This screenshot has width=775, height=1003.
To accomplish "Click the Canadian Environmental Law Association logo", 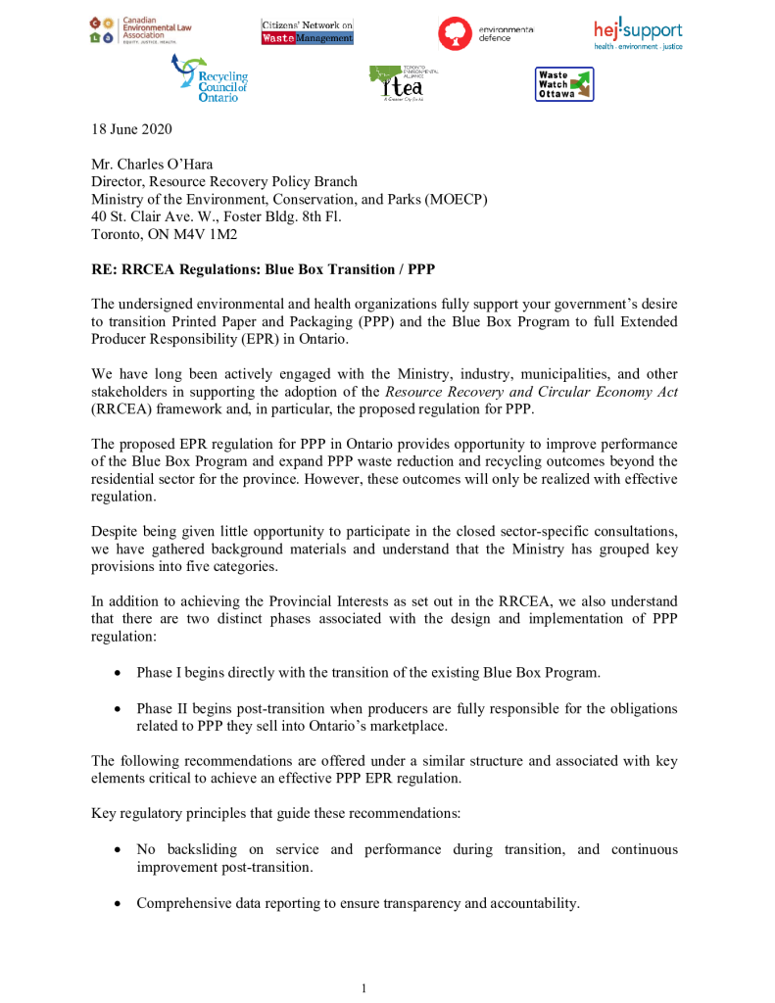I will [x=141, y=31].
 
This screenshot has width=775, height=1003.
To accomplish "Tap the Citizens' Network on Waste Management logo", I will [x=308, y=31].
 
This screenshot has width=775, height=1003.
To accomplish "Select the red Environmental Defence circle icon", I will [x=456, y=32].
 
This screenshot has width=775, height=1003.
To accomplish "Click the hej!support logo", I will [x=638, y=32].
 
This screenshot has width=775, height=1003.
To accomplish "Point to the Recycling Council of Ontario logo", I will [x=210, y=79].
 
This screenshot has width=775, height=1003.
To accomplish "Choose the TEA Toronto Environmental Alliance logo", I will [x=404, y=84].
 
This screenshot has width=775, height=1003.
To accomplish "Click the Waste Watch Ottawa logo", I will [x=564, y=84].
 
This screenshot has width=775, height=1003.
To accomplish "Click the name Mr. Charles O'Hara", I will [x=152, y=165].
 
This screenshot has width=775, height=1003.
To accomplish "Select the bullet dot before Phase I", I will [x=118, y=673].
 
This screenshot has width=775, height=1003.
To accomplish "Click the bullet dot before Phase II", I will [x=118, y=708].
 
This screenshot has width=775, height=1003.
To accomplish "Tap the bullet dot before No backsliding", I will [x=118, y=849].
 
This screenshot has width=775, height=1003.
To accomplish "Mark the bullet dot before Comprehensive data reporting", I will [x=118, y=903].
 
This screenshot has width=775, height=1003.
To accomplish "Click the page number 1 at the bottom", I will [x=363, y=988].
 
